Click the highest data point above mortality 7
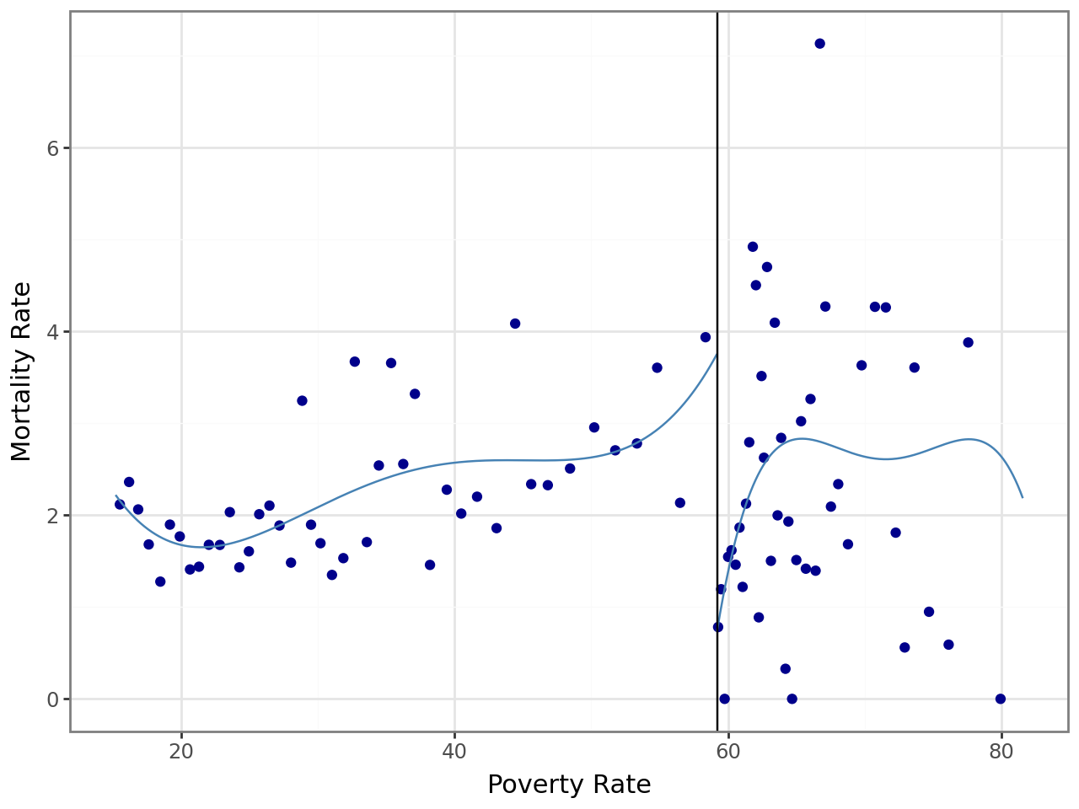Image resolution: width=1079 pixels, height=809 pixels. coord(819,44)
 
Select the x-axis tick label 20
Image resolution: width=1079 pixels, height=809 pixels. coord(181,752)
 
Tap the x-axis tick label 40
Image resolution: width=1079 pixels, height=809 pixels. coord(454,752)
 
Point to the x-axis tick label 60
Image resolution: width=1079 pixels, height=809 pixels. coord(728,752)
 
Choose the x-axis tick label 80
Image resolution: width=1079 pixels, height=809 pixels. coord(1001,752)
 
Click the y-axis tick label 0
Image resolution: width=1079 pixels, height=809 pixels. coord(51,699)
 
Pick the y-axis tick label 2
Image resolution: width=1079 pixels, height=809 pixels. coord(51,516)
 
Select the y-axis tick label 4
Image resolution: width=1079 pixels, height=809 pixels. coord(51,332)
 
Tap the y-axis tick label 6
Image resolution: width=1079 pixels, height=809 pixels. coord(51,148)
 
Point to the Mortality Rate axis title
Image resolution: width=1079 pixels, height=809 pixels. coord(22,371)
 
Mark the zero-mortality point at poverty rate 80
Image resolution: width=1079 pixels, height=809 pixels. coord(1001,699)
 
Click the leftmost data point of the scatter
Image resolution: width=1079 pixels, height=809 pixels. coord(120,504)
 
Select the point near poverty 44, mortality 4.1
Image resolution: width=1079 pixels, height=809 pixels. coord(515,324)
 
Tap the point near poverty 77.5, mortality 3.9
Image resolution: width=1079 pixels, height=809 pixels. coord(968,342)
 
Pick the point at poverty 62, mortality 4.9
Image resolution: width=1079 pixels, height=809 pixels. coord(753,247)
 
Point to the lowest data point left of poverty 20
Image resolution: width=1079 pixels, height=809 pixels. coord(160,581)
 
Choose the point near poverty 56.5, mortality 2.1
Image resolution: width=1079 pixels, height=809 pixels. coord(680,503)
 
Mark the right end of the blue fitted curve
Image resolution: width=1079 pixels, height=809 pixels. coord(1023,497)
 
